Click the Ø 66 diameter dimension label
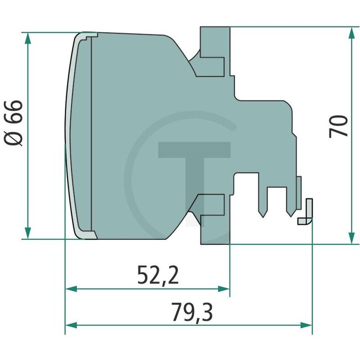click(14, 123)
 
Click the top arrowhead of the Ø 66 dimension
click(27, 38)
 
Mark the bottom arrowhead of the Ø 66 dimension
click(27, 233)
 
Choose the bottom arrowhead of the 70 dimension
click(351, 238)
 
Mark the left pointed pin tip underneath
click(262, 213)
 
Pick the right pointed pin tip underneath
click(290, 213)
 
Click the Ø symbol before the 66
click(14, 138)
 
